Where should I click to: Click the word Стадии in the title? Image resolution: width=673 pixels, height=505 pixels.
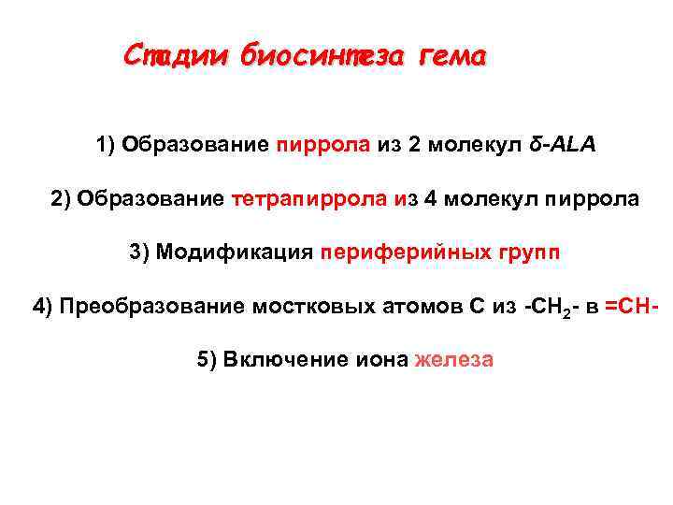(x=177, y=55)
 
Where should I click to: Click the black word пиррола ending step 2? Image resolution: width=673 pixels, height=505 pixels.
(x=593, y=199)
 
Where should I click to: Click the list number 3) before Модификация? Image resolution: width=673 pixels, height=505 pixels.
(x=139, y=252)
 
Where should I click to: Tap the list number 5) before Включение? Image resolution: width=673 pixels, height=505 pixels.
(x=208, y=360)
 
